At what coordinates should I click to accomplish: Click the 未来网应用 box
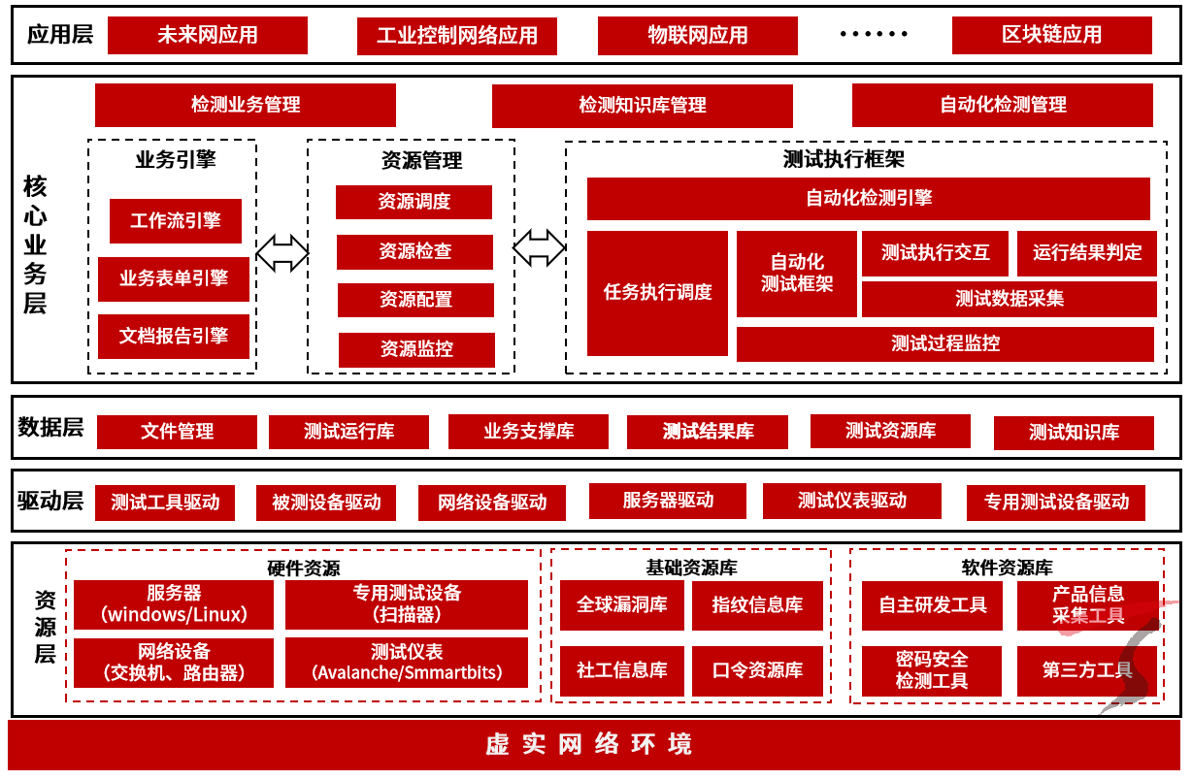pos(207,36)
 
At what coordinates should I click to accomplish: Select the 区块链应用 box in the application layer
pos(1051,36)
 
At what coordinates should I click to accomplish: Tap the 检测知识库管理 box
pos(642,106)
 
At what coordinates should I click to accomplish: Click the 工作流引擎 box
pos(176,221)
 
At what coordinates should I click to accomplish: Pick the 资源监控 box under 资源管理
pos(416,349)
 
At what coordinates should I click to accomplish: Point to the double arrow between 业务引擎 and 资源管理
pos(282,252)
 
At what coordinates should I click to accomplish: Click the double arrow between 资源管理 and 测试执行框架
pos(539,247)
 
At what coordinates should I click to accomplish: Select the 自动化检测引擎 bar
pos(868,199)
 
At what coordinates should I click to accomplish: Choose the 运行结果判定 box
pos(1086,253)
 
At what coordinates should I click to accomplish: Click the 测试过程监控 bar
pos(944,344)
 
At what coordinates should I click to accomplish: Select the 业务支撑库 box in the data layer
pos(528,432)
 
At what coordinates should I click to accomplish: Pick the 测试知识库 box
pos(1074,433)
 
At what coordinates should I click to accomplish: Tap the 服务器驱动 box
pos(668,501)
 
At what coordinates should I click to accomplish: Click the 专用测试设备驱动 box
pos(1056,503)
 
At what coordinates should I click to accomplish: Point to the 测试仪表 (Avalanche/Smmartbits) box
pos(407,662)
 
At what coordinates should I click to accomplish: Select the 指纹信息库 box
pos(757,605)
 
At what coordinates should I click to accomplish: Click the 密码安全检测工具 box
pos(931,670)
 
